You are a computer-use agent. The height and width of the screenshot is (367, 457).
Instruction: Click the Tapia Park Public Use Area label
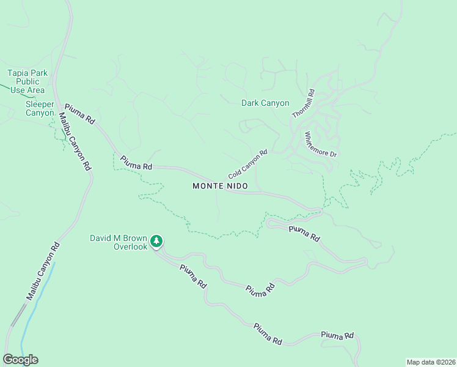[27, 81]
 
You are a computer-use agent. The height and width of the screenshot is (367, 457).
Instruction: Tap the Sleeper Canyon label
[40, 108]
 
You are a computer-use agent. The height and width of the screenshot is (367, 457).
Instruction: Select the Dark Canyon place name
[265, 103]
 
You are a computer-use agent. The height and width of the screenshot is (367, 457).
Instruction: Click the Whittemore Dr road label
[321, 144]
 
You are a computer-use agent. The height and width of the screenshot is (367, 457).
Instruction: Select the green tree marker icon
[157, 241]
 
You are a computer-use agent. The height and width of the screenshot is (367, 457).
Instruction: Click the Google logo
[20, 360]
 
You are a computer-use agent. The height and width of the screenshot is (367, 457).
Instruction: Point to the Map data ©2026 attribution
[431, 361]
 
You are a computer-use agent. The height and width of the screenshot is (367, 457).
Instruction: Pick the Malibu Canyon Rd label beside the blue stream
[42, 272]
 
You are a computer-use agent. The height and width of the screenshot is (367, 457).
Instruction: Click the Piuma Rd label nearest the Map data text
[337, 336]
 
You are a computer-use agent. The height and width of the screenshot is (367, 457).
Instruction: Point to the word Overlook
[131, 247]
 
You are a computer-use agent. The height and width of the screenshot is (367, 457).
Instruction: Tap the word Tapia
[18, 73]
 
